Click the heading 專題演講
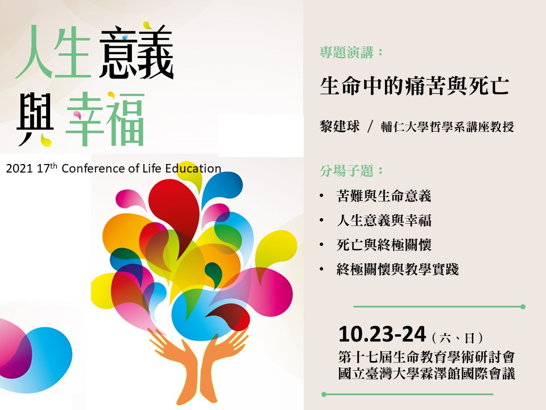coord(346,52)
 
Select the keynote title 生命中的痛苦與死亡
coord(415,85)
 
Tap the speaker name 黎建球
coord(340,126)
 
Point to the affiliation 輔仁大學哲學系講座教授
coord(447,126)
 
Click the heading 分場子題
coord(346,171)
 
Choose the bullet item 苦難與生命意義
coord(384,195)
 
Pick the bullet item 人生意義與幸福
coord(384,220)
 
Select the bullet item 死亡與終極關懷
coord(384,245)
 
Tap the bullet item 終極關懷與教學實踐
coord(398,269)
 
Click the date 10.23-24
coord(382,334)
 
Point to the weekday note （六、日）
coord(457,337)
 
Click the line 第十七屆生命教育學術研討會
coord(427,357)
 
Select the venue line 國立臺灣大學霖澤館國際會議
coord(427,374)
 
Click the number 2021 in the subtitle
coord(19,169)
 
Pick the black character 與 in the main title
coord(35,119)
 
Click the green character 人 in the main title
coord(34,52)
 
